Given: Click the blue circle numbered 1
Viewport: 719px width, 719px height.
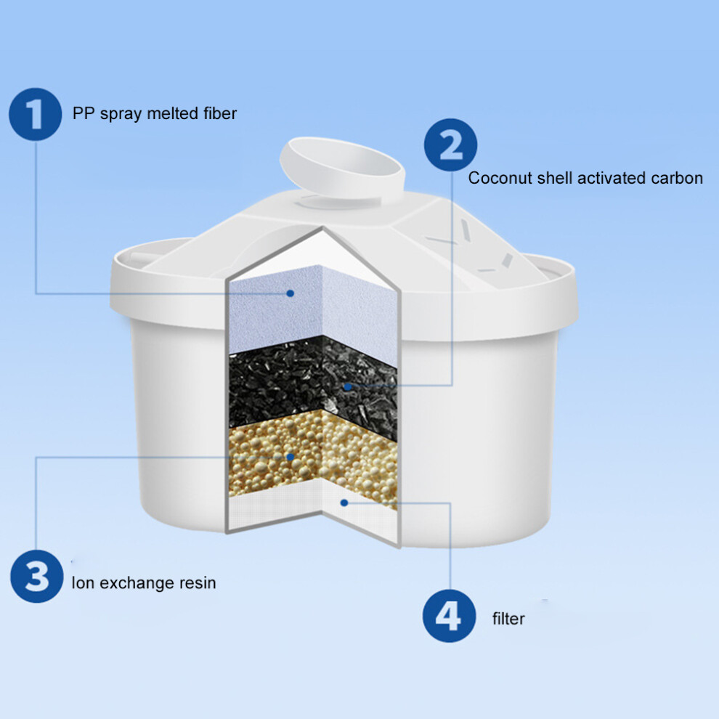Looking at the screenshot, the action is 36,114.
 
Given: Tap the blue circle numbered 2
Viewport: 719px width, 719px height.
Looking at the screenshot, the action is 450,145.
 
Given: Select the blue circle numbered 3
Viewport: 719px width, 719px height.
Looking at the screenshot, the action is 37,576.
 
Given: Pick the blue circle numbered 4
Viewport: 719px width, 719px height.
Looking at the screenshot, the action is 449,616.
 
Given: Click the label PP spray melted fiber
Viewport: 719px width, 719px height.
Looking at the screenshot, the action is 155,114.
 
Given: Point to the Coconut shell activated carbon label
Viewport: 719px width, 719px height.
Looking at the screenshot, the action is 585,178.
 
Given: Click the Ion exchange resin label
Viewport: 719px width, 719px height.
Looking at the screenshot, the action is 144,582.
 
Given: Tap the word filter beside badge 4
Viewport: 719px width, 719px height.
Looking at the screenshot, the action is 508,619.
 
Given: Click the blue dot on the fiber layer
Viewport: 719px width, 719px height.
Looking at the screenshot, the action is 290,293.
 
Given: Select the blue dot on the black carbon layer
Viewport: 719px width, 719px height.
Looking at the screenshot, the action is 348,386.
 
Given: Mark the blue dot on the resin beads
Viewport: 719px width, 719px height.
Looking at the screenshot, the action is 290,457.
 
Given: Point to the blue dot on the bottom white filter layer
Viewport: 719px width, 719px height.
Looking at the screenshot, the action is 344,503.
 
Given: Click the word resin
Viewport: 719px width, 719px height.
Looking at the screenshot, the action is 198,582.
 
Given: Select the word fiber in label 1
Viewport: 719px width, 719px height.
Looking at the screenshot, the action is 220,113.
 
